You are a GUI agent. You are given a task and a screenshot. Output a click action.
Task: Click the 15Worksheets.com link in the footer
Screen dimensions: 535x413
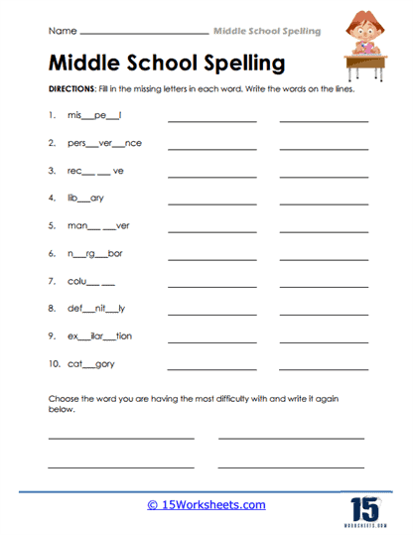206,504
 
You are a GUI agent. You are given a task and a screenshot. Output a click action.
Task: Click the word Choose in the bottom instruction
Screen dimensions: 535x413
64,399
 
